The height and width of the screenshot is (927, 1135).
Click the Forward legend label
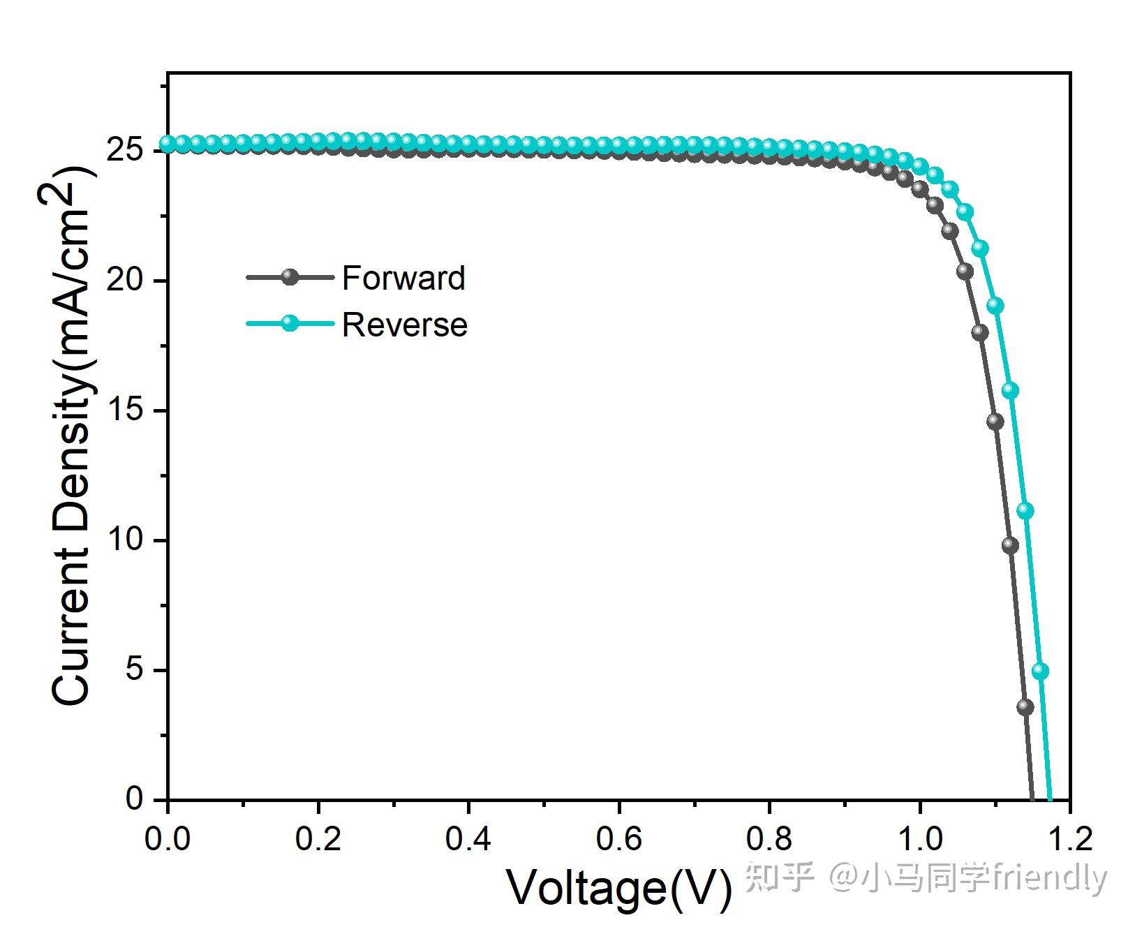(403, 278)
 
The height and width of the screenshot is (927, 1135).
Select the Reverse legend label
(405, 325)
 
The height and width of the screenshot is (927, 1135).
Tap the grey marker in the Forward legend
(290, 277)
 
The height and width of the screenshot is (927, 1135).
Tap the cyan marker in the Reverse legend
(290, 323)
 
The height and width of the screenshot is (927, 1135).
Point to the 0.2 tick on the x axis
(318, 838)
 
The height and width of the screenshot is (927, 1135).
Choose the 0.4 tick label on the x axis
(468, 838)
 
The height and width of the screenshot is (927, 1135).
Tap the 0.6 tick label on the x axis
(618, 838)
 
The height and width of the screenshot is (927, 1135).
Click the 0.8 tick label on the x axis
(769, 838)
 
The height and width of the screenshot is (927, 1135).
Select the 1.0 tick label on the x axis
(919, 838)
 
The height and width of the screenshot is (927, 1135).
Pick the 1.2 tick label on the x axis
(1069, 838)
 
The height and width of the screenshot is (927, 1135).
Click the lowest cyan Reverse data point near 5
(1040, 671)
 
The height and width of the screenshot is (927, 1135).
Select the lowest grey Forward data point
(1025, 706)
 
